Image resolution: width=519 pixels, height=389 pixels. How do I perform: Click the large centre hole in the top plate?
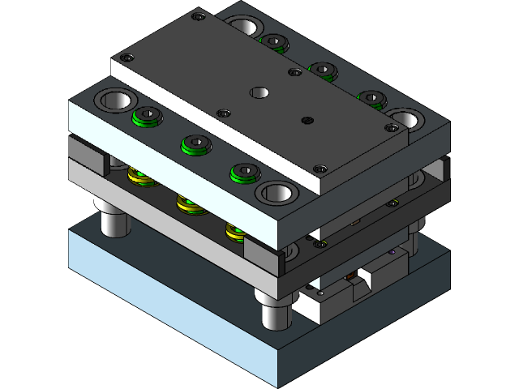259,92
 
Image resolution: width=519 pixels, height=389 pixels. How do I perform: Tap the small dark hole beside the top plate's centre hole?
306,121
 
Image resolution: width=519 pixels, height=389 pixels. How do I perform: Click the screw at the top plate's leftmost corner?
125,57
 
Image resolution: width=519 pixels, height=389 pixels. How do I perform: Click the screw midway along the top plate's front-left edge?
220,113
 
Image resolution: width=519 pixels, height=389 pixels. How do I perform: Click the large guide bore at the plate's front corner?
275,193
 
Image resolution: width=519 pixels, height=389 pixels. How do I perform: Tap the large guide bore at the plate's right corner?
404,119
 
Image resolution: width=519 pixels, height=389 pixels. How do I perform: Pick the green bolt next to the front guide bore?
243,172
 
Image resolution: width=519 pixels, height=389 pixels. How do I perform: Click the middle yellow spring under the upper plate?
189,203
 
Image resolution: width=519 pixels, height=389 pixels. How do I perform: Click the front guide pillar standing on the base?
275,312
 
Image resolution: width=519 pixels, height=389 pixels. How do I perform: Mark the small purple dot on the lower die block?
392,252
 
